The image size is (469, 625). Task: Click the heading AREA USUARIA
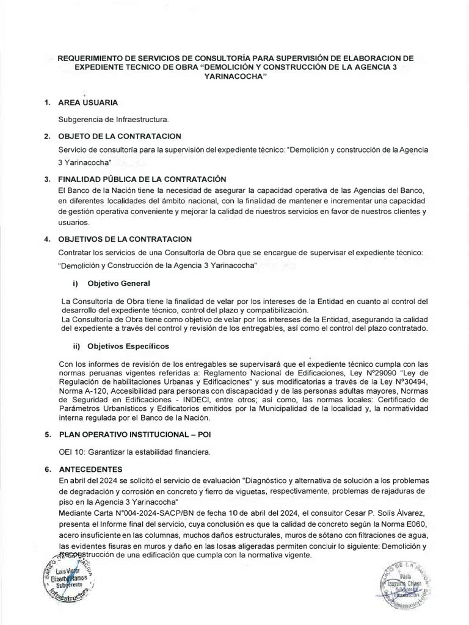(88, 103)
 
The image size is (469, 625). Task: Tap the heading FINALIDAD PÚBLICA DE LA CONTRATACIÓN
(142, 179)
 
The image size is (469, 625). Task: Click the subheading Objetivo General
(118, 284)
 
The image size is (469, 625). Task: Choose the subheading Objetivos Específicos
(128, 346)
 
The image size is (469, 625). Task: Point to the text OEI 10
(73, 452)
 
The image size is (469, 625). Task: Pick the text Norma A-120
(84, 392)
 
